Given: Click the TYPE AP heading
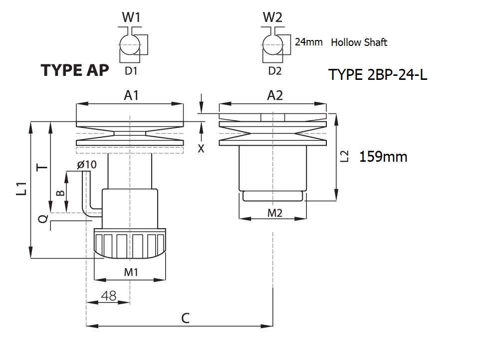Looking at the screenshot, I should pos(75,70).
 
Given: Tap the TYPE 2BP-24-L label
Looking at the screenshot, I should pos(378,75).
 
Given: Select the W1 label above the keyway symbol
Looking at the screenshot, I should pos(131,18).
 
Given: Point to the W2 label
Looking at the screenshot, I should pos(273,18).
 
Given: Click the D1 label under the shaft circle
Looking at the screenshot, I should pos(131,71).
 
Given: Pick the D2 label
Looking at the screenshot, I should pos(275,71).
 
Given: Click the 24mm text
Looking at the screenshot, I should pos(308,42).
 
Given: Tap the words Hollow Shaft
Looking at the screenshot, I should pos(359,42).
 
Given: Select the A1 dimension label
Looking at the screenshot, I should pos(131,95).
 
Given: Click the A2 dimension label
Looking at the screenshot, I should pos(275,95).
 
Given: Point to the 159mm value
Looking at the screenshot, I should pos(383,157).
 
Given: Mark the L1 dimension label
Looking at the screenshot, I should pos(21,189).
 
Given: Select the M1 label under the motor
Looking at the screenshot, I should pos(131,272).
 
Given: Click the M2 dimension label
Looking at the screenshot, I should pos(275,213).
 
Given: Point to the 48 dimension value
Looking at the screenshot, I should pos(108,296).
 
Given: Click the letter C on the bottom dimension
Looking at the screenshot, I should pos(185,318).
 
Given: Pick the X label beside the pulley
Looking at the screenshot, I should pos(201,149).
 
